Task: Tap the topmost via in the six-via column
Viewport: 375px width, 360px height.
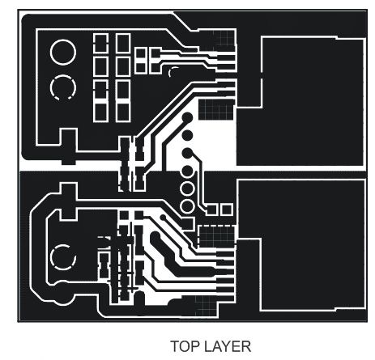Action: [187, 117]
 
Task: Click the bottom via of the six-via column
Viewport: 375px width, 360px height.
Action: [187, 206]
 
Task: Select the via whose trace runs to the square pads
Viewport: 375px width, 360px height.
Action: [187, 154]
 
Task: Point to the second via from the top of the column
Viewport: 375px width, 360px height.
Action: [187, 135]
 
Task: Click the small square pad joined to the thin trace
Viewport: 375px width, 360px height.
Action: [212, 210]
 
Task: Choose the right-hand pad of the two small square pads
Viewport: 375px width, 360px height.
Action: [227, 210]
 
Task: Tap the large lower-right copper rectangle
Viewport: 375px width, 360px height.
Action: [301, 244]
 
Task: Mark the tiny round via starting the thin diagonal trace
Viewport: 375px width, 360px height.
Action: [163, 217]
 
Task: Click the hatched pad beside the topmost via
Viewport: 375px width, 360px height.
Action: [216, 109]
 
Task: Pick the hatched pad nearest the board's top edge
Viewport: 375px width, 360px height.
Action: [218, 40]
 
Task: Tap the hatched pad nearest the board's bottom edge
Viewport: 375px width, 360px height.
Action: [206, 306]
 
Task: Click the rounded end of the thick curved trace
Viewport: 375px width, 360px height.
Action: [155, 237]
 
